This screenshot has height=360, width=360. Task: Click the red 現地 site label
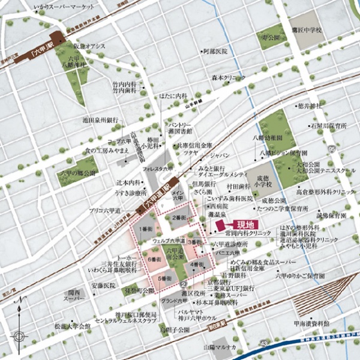(242, 225)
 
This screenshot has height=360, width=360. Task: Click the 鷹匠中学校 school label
(307, 29)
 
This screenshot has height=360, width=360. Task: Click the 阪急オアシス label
(90, 46)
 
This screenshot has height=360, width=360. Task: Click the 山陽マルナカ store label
(219, 347)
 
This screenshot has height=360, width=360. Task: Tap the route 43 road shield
(265, 343)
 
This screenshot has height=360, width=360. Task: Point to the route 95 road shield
(331, 146)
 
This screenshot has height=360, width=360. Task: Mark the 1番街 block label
(148, 230)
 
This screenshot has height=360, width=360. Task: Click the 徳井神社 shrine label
(310, 106)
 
